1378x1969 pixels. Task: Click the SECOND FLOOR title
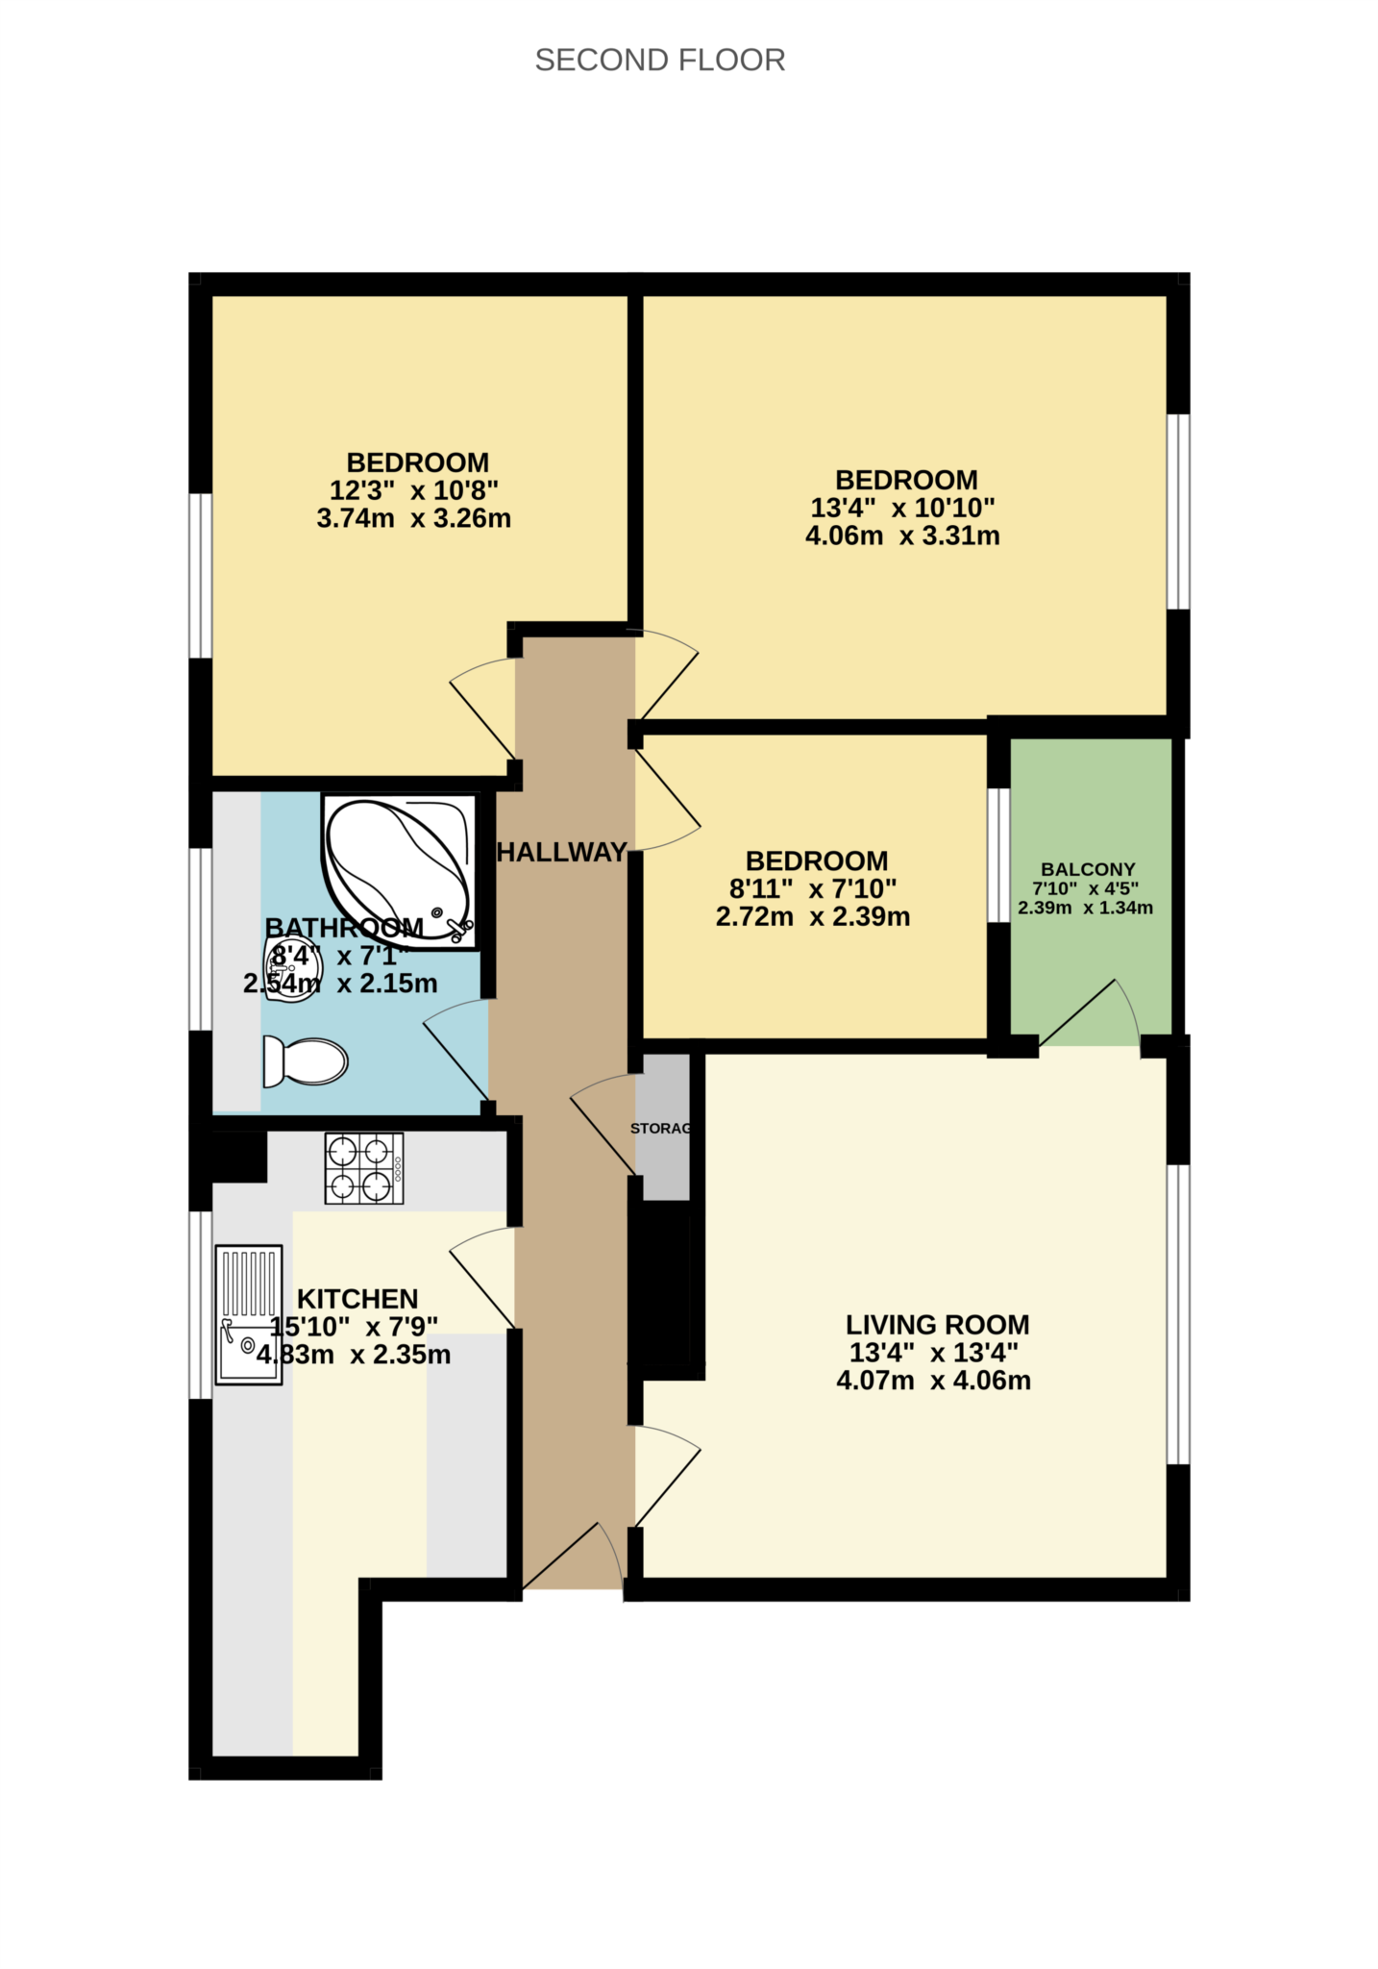tap(659, 61)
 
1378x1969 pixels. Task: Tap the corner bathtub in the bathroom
tap(398, 866)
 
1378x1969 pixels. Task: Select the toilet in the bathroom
tap(305, 1061)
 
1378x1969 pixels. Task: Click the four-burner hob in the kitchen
tap(364, 1168)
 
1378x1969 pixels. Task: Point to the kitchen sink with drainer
tap(249, 1314)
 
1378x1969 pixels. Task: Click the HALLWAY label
tap(561, 852)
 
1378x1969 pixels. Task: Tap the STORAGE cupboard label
tap(661, 1128)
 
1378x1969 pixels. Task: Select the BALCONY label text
tap(1088, 869)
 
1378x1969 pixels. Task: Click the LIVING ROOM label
tap(937, 1325)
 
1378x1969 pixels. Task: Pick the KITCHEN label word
tap(357, 1299)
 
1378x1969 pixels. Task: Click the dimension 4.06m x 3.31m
tap(902, 536)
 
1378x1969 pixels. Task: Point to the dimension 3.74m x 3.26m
tap(413, 518)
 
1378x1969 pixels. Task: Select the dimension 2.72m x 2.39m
tap(813, 916)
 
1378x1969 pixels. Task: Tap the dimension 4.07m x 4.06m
tap(933, 1381)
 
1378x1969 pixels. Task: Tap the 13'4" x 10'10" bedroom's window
tap(1178, 511)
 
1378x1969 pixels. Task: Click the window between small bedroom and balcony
tap(999, 855)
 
